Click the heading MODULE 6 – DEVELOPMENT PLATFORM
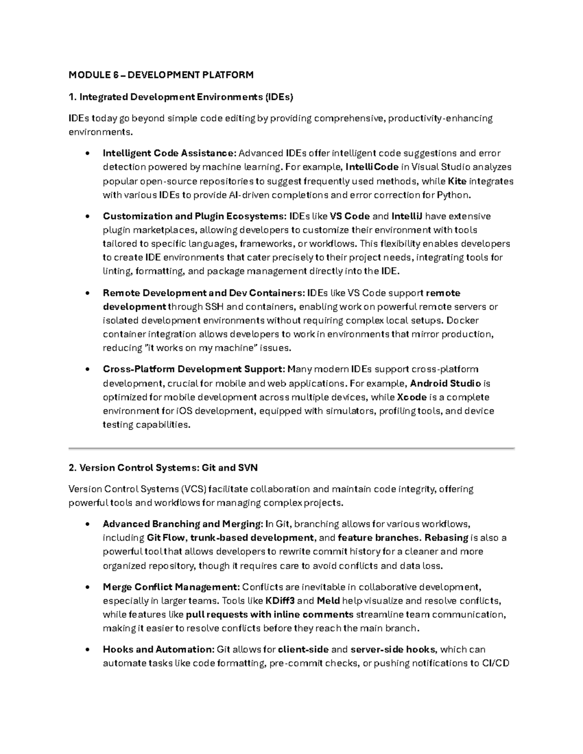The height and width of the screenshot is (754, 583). pyautogui.click(x=161, y=75)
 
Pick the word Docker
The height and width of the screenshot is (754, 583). pyautogui.click(x=463, y=320)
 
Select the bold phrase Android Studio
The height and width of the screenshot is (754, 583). pyautogui.click(x=446, y=384)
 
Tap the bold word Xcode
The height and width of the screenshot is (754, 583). pyautogui.click(x=412, y=397)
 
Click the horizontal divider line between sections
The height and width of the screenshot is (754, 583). pyautogui.click(x=291, y=448)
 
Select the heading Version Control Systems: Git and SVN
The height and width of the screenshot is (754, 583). pyautogui.click(x=163, y=468)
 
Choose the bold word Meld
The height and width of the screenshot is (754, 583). pyautogui.click(x=328, y=601)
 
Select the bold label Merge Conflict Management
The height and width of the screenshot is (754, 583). pyautogui.click(x=171, y=587)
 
